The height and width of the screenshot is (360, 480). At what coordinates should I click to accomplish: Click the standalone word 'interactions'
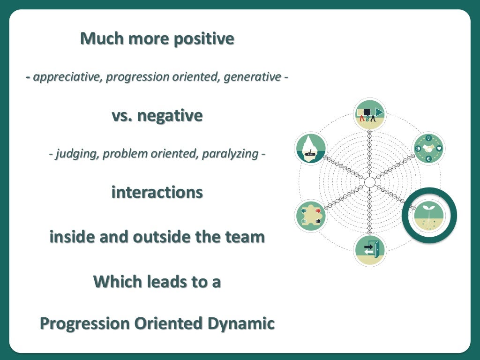tap(157, 193)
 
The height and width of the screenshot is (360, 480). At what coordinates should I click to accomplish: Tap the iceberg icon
tap(310, 148)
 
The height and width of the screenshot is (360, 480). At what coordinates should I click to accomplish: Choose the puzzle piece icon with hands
tap(310, 216)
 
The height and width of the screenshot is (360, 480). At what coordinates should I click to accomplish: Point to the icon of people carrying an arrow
tap(369, 114)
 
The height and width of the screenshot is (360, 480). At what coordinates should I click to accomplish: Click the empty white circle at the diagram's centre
tap(369, 182)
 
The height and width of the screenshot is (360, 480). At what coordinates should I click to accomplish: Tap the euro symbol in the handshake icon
tap(427, 159)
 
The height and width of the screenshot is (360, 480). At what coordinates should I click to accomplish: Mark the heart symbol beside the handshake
tap(439, 148)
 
